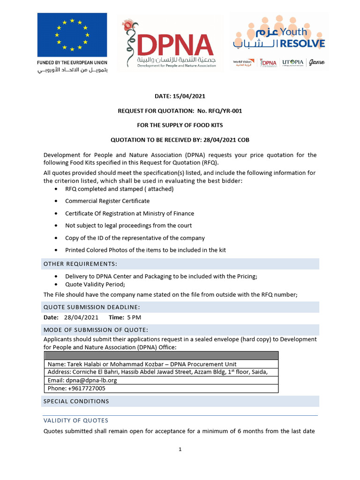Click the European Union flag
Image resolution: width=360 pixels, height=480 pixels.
72,35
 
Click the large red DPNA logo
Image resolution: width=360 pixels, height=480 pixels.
170,45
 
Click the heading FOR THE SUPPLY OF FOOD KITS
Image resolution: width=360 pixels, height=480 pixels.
180,126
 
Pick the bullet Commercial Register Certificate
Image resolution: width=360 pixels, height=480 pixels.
107,201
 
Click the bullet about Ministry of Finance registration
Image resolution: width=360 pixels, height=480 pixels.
129,213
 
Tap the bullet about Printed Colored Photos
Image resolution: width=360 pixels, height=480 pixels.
145,250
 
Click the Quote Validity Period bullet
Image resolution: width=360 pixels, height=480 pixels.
95,285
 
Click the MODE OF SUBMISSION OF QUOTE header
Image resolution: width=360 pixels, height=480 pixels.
96,330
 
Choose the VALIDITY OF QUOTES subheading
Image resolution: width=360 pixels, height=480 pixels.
75,420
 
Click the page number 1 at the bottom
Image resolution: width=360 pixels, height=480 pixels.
180,450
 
